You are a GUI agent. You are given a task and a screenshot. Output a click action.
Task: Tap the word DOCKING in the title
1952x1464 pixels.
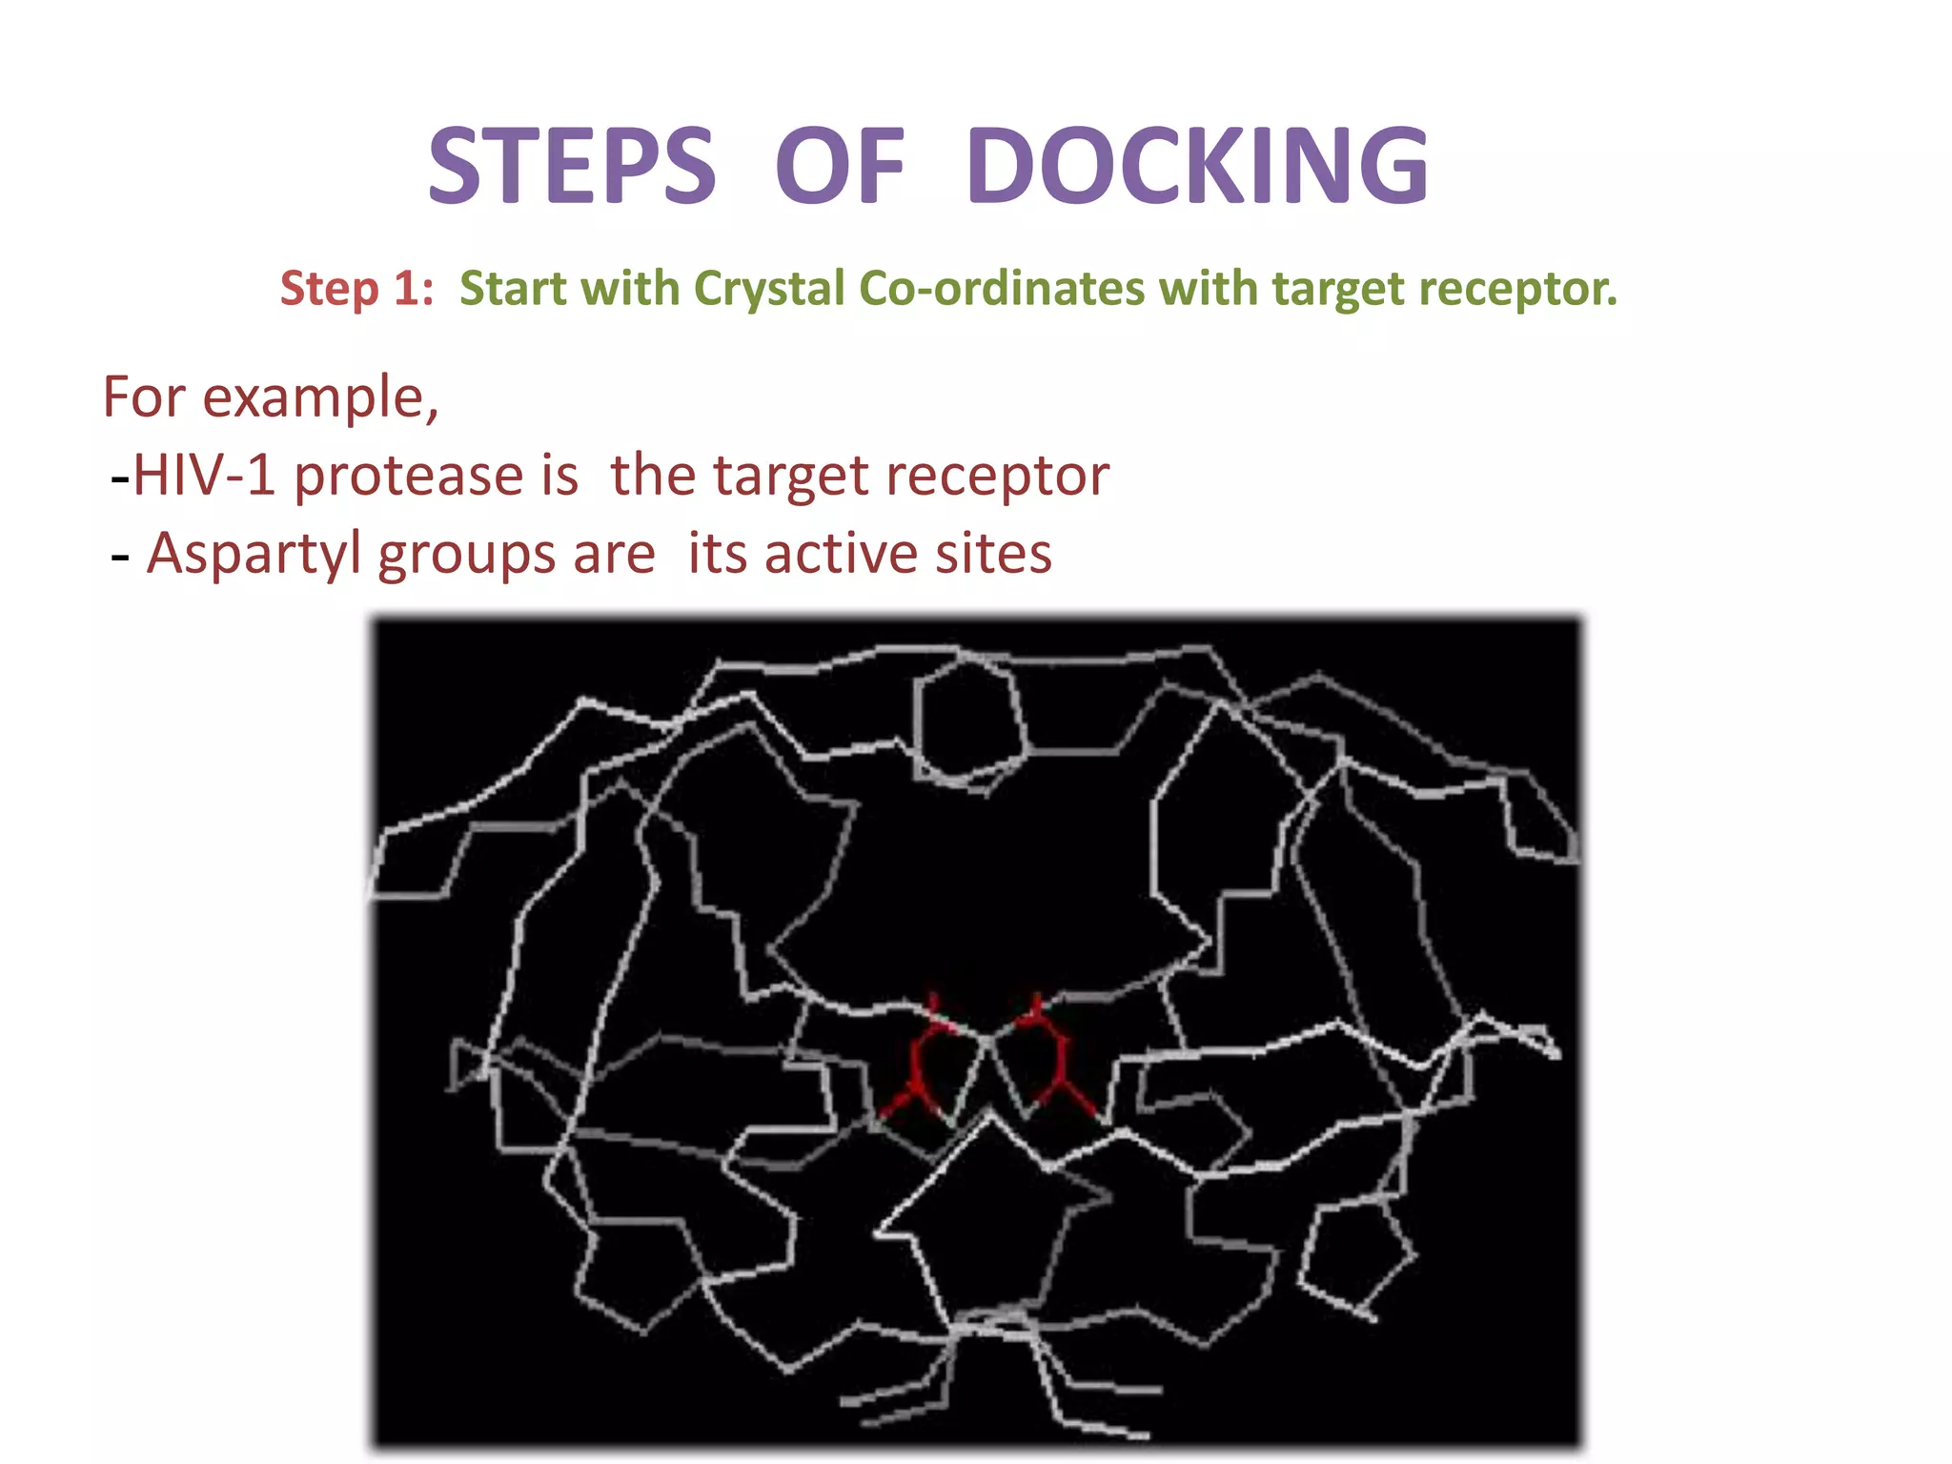click(x=1196, y=167)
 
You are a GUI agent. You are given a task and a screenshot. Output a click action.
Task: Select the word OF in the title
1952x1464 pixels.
click(x=840, y=167)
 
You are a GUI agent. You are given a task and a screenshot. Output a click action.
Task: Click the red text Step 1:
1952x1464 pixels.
click(x=356, y=288)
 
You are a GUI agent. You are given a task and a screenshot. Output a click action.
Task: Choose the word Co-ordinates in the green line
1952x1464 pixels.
click(x=1001, y=288)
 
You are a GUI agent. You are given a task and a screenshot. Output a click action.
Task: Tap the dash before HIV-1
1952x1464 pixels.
click(x=120, y=477)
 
